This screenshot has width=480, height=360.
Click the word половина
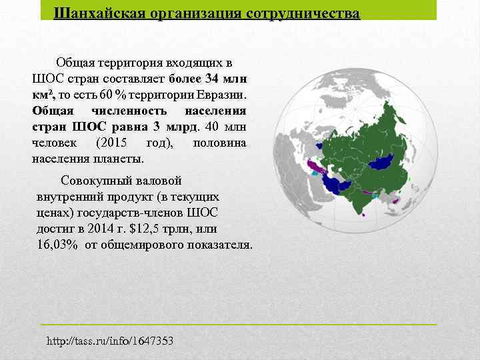219,143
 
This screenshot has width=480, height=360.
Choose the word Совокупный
95,181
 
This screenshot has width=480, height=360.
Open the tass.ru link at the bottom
110,341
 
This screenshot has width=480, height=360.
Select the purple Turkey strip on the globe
311,165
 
